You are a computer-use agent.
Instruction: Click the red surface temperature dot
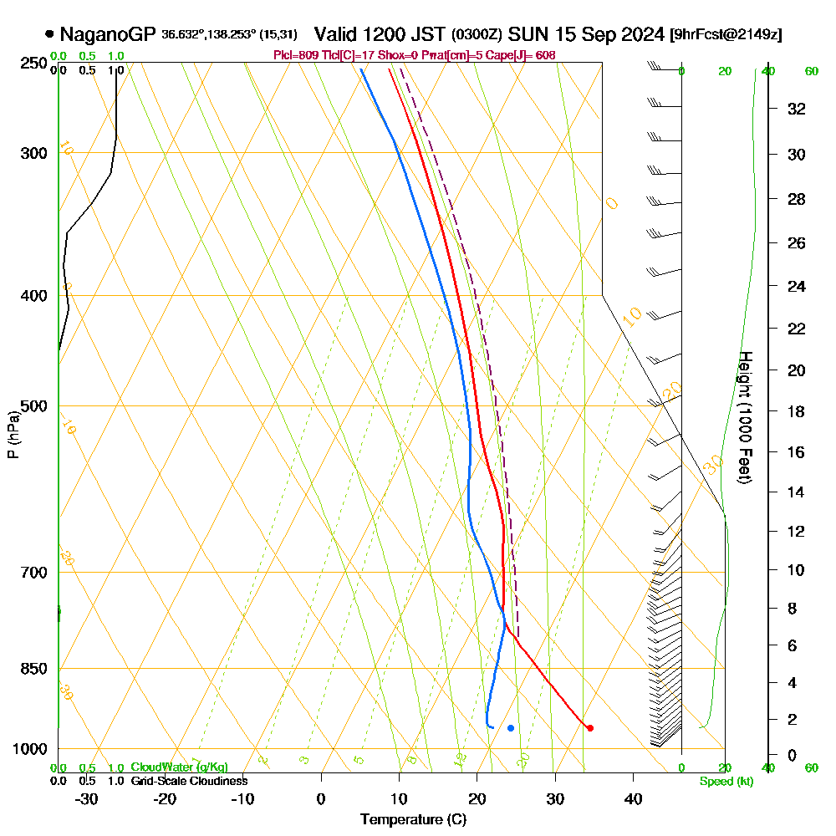(589, 728)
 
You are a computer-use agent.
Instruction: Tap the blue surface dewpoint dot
(510, 728)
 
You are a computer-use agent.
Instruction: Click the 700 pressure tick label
(34, 573)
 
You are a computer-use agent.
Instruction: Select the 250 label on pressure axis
(34, 64)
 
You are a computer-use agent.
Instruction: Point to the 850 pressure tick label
(34, 669)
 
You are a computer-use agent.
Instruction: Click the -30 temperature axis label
(87, 798)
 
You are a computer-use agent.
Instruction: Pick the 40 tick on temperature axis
(633, 798)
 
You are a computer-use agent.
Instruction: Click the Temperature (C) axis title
(413, 819)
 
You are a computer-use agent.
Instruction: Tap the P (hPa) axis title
(13, 435)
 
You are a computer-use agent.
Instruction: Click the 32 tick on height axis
(797, 108)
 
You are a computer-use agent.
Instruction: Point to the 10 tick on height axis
(797, 570)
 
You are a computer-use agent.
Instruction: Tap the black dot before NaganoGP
(50, 34)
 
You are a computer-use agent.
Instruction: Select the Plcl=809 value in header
(293, 55)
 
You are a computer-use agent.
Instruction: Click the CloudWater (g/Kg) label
(179, 767)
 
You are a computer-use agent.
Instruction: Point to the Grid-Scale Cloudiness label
(189, 781)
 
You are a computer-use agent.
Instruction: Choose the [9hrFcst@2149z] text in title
(726, 35)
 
